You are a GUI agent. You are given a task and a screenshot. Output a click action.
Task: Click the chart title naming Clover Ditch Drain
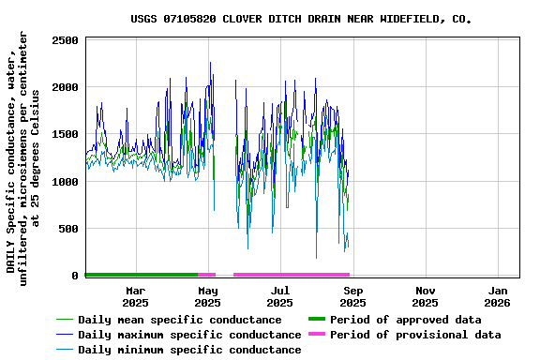pos(300,19)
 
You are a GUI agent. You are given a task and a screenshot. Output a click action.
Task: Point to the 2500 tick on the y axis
pos(65,40)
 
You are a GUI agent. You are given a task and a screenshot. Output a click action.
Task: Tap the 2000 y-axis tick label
pos(65,87)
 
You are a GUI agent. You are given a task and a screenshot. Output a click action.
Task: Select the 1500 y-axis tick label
pos(65,134)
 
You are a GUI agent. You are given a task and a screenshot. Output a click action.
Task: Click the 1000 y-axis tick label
pos(65,182)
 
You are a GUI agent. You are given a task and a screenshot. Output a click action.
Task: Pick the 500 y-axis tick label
pos(68,229)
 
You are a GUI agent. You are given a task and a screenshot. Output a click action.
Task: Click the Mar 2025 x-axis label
pos(135,296)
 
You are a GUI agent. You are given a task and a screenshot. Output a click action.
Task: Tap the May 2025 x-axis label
pos(207,296)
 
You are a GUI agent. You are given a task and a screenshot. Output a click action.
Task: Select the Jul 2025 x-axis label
pos(279,296)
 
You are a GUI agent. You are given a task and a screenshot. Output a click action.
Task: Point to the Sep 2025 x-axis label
pos(352,296)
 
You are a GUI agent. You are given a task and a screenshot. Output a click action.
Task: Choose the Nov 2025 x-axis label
pos(425,296)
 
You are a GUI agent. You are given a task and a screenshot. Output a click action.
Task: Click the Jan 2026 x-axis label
pos(497,296)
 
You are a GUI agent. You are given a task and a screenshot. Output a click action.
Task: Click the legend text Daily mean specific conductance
pos(179,320)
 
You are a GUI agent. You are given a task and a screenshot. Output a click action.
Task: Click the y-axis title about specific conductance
pos(23,157)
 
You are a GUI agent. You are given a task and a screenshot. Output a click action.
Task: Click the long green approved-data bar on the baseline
pos(141,275)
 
